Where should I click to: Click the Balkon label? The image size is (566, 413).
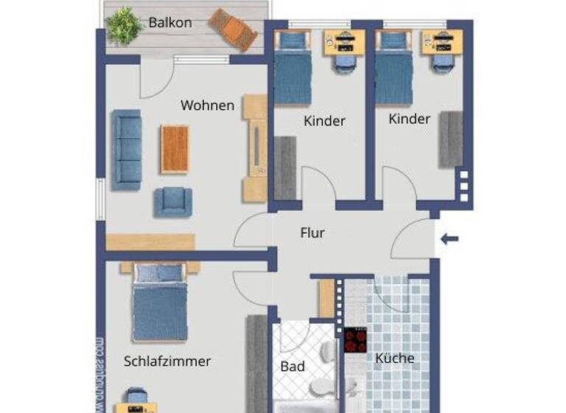170,23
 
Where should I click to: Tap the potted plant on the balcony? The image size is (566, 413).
124,24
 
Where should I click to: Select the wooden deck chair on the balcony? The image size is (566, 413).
232,29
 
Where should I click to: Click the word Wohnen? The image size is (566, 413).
207,105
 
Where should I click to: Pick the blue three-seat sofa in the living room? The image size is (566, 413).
127,150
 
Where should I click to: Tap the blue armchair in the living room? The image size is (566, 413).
174,201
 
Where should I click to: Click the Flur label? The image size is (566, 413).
312,233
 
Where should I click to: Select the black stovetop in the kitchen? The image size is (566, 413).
355,341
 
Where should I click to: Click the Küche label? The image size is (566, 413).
395,359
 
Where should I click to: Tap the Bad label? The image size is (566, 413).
293,367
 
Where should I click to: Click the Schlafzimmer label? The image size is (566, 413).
167,361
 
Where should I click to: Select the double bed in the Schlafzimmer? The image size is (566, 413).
160,301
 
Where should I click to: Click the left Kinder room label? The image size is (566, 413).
324,121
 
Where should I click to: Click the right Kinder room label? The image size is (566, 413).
409,119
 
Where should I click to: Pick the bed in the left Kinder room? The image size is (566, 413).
293,69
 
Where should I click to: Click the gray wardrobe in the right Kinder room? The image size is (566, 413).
451,139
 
